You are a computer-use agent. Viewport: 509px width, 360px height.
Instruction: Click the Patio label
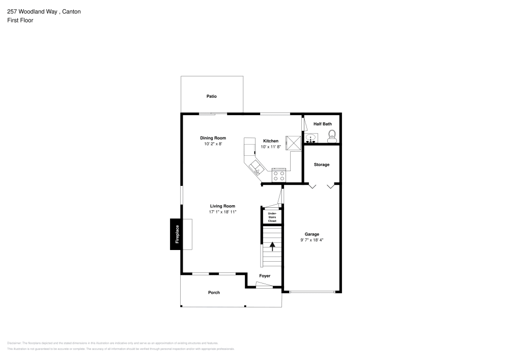coord(211,96)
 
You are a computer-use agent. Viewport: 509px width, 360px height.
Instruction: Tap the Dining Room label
coord(213,138)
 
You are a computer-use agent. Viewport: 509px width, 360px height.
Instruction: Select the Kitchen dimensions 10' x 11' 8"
coord(271,147)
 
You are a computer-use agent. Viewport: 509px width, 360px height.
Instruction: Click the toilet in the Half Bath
coord(332,135)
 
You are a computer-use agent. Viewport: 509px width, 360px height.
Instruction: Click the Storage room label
coord(321,164)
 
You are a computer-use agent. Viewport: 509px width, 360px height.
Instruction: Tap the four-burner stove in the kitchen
coord(279,176)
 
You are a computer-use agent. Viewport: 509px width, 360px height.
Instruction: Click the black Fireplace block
coord(177,234)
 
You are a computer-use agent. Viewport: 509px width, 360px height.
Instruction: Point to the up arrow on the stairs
coord(272,246)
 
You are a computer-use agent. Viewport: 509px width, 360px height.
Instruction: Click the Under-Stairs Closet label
coord(272,217)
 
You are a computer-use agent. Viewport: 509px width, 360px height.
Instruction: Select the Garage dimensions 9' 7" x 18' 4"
coord(312,240)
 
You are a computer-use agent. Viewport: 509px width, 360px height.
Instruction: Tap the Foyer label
coord(265,276)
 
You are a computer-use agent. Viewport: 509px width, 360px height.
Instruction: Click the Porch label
coord(214,292)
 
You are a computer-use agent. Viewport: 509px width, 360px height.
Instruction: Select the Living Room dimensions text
coord(222,212)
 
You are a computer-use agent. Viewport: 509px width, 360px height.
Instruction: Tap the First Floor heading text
coord(20,20)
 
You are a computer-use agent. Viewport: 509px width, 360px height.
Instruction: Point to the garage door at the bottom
coord(312,292)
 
